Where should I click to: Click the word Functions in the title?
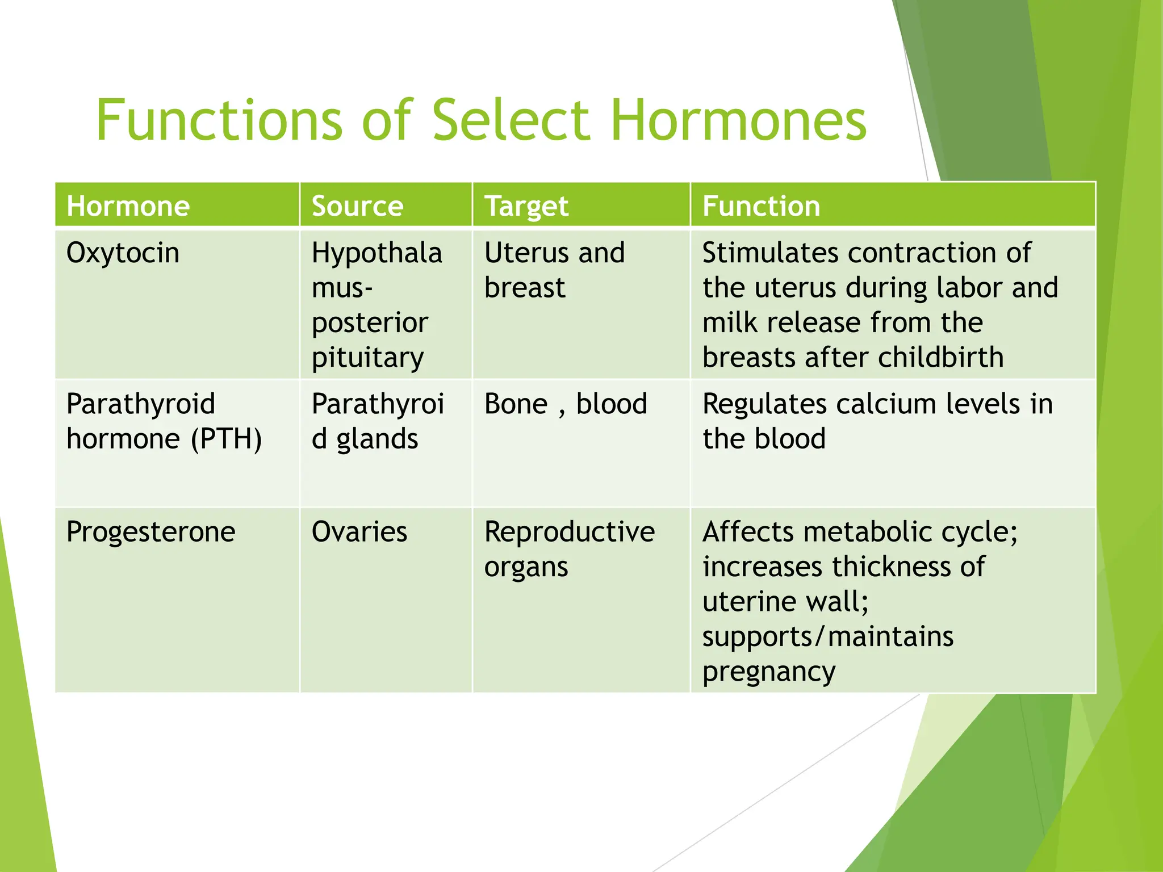[x=219, y=120]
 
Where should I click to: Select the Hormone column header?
[x=128, y=206]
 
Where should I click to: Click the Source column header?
[x=357, y=206]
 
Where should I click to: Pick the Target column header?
[x=526, y=206]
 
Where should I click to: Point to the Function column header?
[x=761, y=206]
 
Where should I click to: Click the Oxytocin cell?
[x=123, y=253]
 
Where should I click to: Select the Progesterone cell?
[x=150, y=532]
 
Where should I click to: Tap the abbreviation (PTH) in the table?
[x=226, y=439]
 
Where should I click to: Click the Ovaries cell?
[x=359, y=532]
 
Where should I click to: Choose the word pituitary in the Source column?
[x=367, y=358]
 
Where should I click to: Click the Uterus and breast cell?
[x=554, y=270]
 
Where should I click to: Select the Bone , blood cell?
[x=565, y=404]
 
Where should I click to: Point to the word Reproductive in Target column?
[x=569, y=532]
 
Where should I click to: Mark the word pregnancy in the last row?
[x=768, y=672]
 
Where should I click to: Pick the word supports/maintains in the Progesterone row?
[x=827, y=637]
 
